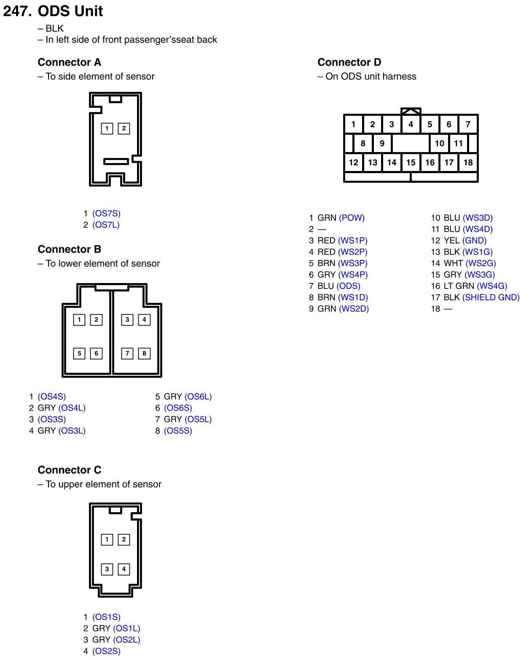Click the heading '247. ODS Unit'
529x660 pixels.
[53, 11]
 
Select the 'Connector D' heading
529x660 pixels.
[349, 62]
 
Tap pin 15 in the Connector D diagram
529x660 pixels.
[411, 163]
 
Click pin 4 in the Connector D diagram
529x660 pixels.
[411, 124]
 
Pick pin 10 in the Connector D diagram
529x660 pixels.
[439, 143]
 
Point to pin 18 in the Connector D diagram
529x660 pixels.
[468, 163]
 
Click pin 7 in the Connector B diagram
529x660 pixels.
[127, 353]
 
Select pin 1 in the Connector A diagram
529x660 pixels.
[107, 128]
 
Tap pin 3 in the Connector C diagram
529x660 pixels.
[107, 569]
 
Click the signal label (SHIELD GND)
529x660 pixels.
[491, 297]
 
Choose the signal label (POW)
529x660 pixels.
[352, 218]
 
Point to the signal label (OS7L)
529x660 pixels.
[106, 225]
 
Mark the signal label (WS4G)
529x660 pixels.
[492, 286]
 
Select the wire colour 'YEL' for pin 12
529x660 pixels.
[451, 240]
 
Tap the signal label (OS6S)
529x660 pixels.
[178, 408]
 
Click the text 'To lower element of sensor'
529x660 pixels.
[103, 264]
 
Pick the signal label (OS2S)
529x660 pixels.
[106, 651]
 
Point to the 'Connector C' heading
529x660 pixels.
[70, 470]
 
